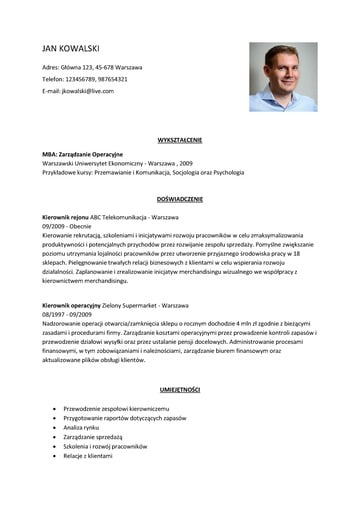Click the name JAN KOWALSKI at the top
click(x=71, y=47)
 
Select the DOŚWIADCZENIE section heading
click(x=179, y=199)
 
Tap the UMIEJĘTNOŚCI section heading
click(x=179, y=388)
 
